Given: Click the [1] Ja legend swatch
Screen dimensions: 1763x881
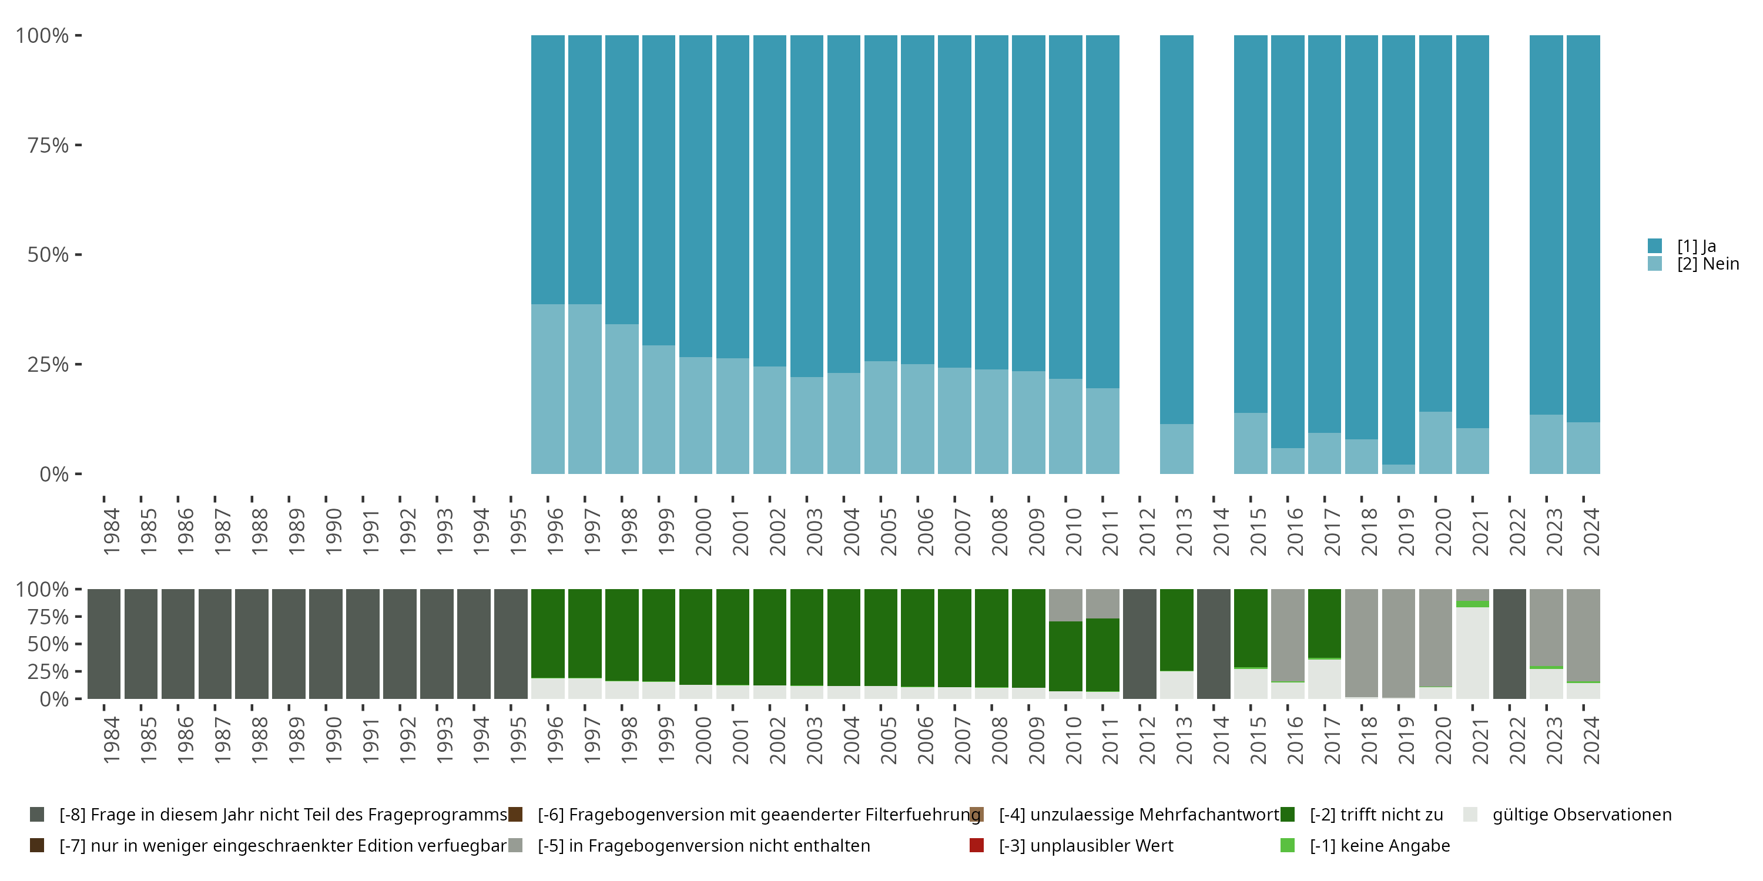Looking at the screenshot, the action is coord(1654,246).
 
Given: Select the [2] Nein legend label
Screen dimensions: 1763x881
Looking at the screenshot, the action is coord(1708,264).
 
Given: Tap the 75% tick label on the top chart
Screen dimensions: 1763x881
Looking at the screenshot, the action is coord(48,145).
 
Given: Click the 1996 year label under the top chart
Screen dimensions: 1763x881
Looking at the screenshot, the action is coord(555,532).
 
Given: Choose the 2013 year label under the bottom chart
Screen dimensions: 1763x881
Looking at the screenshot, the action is coord(1184,740).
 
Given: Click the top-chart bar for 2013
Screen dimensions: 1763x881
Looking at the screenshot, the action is coord(1177,254).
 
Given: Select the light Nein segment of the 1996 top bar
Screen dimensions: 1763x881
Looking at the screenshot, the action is coord(548,388).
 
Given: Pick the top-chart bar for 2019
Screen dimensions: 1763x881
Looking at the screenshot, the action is coord(1398,254).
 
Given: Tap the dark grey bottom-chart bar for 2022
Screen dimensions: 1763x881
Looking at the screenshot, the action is coord(1509,644).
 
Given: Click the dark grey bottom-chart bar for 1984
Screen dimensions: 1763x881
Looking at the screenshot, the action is coord(104,644).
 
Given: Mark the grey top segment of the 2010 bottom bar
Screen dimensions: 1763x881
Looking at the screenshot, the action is coord(1065,606).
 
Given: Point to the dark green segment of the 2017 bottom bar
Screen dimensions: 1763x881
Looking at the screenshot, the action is coord(1324,623).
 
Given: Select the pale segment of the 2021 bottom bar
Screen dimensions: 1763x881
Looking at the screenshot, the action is coord(1472,653).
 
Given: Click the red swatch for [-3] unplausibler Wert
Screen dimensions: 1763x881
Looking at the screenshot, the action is coord(977,845).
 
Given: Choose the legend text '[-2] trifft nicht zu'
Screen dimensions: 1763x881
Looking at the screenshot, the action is coord(1376,815).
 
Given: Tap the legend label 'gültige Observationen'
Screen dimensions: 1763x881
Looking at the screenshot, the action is coord(1581,815).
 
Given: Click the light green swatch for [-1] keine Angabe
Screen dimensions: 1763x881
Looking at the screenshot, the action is coord(1288,845).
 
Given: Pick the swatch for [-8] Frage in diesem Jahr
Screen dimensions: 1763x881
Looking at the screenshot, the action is coord(37,814).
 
